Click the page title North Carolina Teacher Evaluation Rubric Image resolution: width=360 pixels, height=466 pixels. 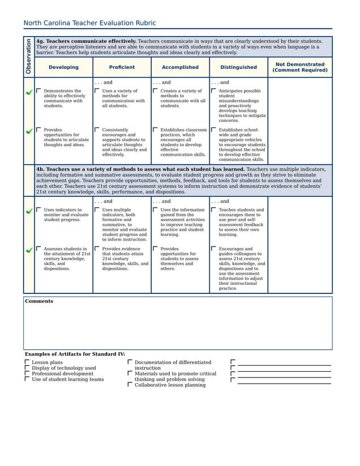tap(89, 23)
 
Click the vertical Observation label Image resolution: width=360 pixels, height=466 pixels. tap(28, 56)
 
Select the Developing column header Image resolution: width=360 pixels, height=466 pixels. tap(63, 67)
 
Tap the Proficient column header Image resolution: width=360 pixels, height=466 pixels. tap(122, 67)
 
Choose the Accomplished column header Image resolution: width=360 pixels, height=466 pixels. tap(180, 67)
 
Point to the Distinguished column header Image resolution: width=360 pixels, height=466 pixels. tap(238, 67)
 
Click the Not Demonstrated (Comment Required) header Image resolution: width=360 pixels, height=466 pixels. tap(300, 67)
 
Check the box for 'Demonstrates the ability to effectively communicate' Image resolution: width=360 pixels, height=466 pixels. tap(38, 90)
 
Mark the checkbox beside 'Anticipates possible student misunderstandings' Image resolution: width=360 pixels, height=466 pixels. tap(213, 90)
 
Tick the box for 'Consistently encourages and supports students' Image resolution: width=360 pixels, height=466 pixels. tap(97, 129)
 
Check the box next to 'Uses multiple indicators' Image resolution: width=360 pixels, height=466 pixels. tap(97, 209)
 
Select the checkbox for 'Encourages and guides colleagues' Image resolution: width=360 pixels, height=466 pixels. tap(213, 248)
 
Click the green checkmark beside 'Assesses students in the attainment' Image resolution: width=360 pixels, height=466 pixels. tap(29, 250)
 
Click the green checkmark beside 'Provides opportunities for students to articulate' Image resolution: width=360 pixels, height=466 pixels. tap(29, 131)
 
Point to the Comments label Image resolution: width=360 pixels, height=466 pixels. tap(39, 301)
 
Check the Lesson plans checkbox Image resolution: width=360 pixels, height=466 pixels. tap(27, 362)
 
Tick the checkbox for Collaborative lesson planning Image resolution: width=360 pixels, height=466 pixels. tap(130, 385)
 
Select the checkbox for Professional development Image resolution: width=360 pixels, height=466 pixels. tap(27, 373)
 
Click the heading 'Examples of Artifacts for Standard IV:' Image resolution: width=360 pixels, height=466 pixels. tap(74, 354)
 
